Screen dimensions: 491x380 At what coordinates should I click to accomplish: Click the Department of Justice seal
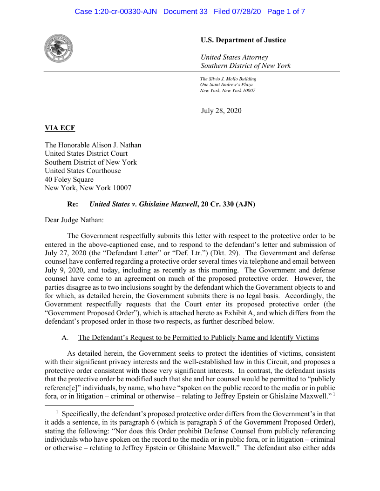[59, 48]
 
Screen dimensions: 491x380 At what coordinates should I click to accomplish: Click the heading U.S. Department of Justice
[243, 40]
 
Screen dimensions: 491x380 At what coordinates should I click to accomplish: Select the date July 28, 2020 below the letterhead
[221, 111]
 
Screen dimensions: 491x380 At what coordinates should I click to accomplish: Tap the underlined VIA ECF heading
[60, 128]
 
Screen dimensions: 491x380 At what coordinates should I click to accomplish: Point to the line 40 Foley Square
[69, 179]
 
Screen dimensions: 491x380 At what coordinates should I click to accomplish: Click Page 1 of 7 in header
[286, 12]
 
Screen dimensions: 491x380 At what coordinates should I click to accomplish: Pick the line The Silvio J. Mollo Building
[228, 79]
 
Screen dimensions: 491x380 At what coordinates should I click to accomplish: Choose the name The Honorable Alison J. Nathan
[93, 145]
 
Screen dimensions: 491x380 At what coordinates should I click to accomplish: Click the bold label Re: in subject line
[73, 204]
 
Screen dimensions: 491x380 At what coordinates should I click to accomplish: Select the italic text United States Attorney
[234, 57]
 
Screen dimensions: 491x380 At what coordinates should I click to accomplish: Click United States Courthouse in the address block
[83, 171]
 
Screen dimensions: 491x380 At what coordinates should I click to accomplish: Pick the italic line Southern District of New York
[245, 66]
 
